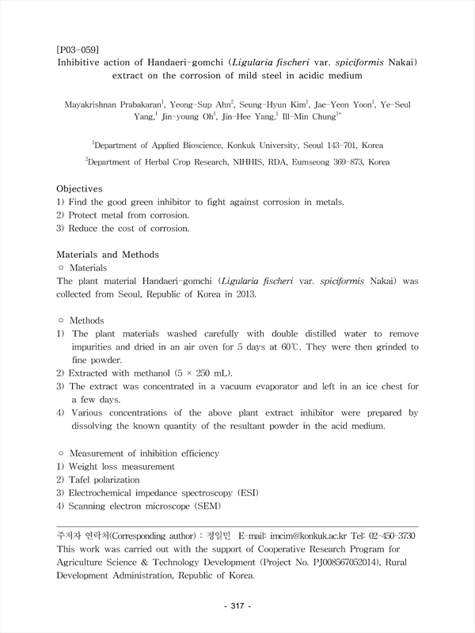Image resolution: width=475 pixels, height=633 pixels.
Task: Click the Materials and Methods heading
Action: pos(108,255)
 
